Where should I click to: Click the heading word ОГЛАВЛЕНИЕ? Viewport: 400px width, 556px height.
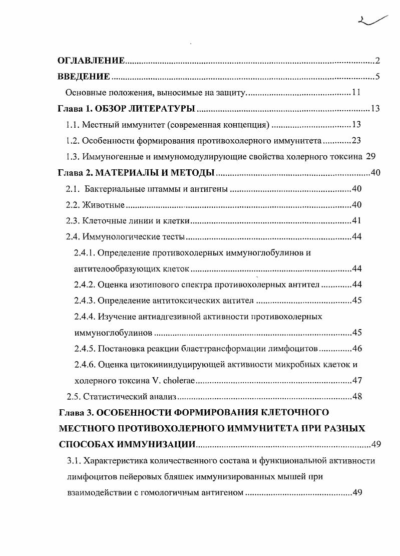[x=91, y=61]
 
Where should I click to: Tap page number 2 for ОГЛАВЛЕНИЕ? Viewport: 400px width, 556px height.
[x=378, y=61]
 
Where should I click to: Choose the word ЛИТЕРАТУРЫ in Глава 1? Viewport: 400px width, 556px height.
[x=163, y=109]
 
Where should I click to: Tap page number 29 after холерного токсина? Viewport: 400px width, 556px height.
[x=370, y=156]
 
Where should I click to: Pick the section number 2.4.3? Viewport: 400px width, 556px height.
[x=84, y=301]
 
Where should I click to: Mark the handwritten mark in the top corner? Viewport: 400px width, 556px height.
[x=373, y=21]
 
